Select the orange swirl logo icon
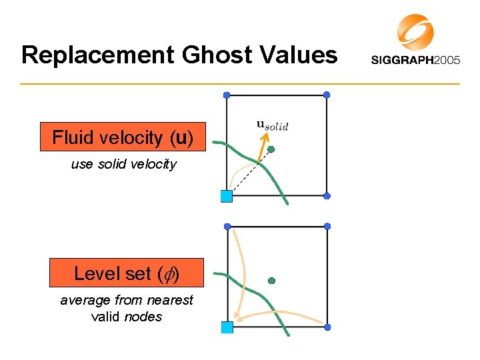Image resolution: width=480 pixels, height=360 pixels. click(415, 32)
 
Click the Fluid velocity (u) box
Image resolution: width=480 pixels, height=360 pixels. click(123, 138)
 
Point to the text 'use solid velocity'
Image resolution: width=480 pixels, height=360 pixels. click(124, 164)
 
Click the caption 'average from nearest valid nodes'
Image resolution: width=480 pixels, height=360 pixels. click(127, 308)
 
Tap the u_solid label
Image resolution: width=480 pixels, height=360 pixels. click(273, 125)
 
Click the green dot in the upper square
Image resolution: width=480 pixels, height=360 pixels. click(272, 148)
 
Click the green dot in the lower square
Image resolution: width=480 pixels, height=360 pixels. click(271, 281)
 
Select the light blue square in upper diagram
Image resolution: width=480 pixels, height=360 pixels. click(226, 195)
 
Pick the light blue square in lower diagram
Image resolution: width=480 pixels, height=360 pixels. click(227, 327)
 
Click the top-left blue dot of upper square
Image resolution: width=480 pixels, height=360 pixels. click(227, 95)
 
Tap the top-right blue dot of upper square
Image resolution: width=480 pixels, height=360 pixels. click(327, 95)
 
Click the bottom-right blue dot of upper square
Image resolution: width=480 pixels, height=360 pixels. click(327, 196)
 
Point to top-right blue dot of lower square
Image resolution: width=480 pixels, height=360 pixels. click(327, 227)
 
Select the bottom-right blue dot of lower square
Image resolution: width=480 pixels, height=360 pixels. click(327, 326)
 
